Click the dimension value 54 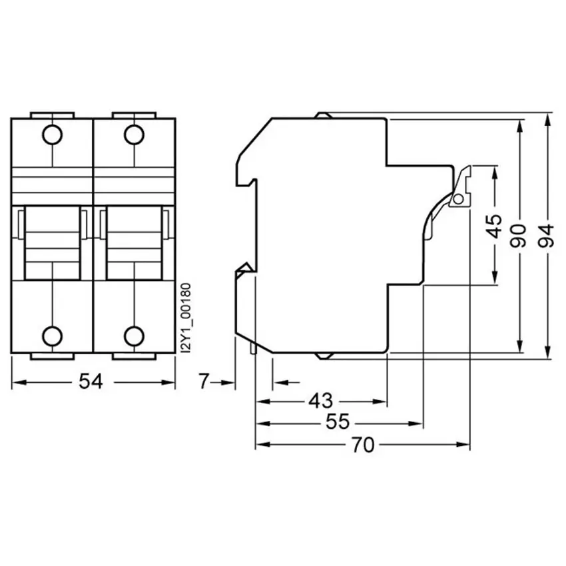[91, 382]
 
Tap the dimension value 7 [204, 382]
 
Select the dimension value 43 [321, 401]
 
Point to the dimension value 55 [338, 422]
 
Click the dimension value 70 [363, 445]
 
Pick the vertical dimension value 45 [494, 226]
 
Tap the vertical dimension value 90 [517, 236]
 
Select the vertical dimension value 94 [546, 236]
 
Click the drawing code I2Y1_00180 [185, 318]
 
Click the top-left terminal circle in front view [53, 135]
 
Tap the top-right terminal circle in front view [134, 135]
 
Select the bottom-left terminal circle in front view [53, 336]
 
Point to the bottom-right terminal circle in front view [134, 336]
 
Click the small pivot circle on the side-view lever [458, 199]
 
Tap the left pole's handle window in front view [53, 243]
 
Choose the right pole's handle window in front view [134, 243]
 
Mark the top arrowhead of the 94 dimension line [548, 119]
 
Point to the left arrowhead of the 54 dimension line [19, 382]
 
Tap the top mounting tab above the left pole [53, 115]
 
